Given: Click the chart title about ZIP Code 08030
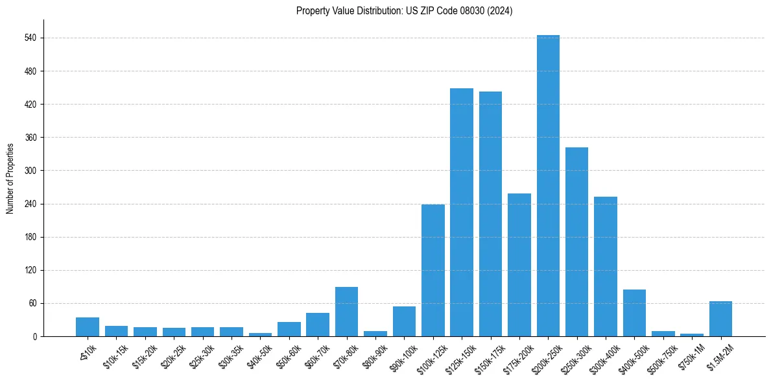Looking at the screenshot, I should click(x=404, y=11).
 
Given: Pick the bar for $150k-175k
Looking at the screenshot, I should click(x=490, y=214).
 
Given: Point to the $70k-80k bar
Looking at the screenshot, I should click(x=346, y=312).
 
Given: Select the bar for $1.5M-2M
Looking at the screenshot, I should click(x=720, y=319).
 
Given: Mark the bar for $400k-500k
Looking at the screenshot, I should click(x=634, y=313).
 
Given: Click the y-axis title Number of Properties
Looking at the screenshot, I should click(x=10, y=179).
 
